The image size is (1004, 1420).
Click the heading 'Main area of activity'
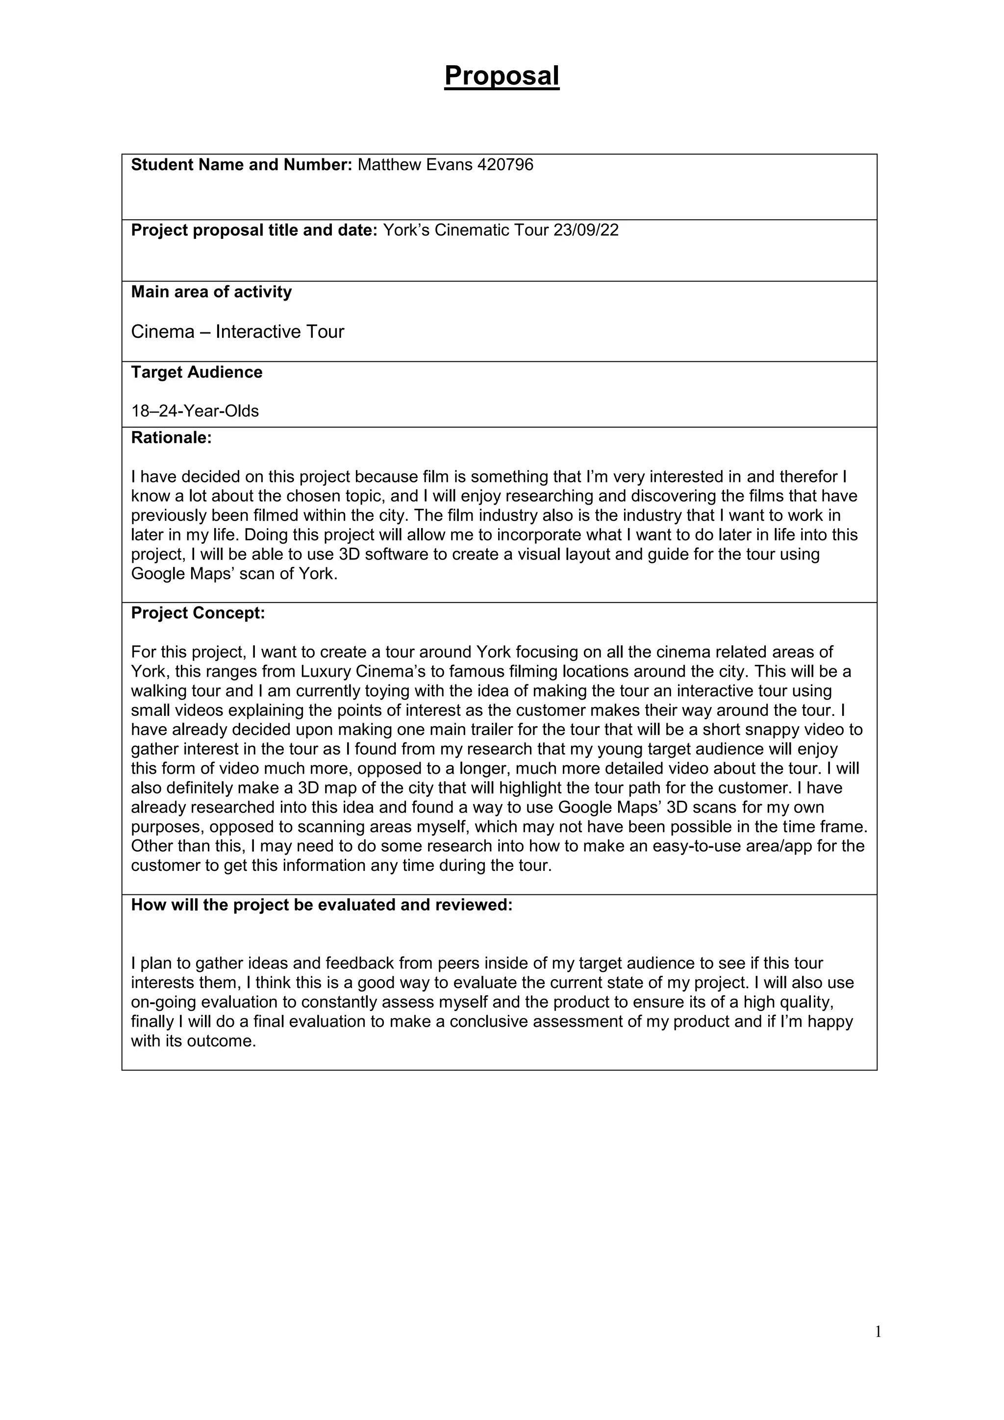coord(211,292)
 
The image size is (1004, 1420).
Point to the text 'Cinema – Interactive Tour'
coord(237,332)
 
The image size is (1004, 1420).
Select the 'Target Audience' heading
coord(197,372)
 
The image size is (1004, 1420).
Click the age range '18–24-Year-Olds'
coord(195,411)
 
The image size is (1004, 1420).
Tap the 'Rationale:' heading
coord(171,438)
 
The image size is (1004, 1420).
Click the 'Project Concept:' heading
coord(198,613)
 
